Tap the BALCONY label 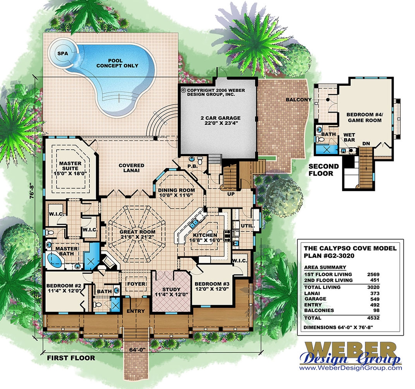tap(299, 100)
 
